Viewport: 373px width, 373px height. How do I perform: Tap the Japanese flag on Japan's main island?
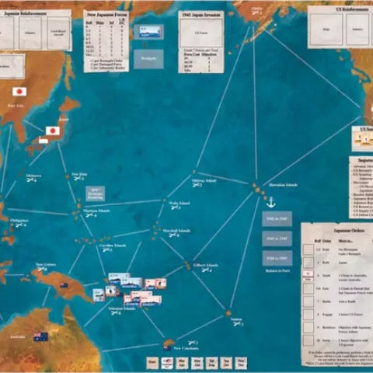point(53,131)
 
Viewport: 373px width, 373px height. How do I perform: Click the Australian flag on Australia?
point(40,336)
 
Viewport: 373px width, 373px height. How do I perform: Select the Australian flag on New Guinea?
point(62,284)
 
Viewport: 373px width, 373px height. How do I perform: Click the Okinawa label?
point(33,176)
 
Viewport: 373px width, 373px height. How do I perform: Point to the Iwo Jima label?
point(78,173)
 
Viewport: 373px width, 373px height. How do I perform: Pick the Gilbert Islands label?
point(205,263)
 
